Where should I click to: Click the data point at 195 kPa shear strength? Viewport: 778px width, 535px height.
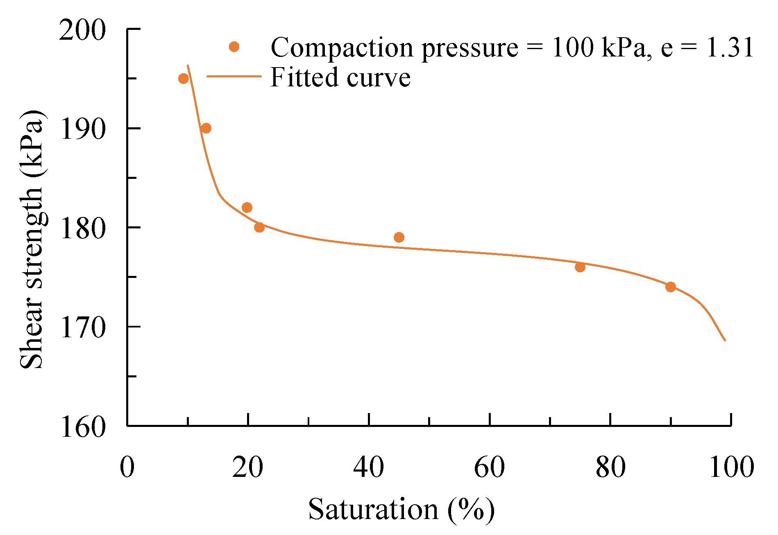click(x=184, y=79)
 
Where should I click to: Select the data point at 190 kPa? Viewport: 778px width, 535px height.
click(x=206, y=129)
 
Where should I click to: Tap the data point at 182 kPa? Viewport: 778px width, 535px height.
click(x=247, y=208)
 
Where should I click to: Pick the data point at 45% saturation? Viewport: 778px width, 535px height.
click(x=399, y=237)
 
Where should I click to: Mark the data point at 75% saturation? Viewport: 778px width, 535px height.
click(x=580, y=267)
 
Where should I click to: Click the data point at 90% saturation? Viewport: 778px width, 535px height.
click(x=671, y=287)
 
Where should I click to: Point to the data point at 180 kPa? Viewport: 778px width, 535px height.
click(x=259, y=227)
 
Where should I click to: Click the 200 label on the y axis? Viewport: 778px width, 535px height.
click(x=82, y=30)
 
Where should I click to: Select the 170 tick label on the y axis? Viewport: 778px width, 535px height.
click(x=82, y=328)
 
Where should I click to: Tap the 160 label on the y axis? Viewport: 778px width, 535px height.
click(x=82, y=427)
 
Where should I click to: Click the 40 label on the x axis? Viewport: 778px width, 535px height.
click(x=368, y=467)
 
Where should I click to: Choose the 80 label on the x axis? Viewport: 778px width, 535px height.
click(x=610, y=467)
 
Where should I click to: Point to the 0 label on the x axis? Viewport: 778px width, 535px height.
click(x=127, y=467)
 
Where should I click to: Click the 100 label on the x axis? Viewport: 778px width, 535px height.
click(x=731, y=467)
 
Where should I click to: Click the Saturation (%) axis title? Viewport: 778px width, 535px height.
click(x=401, y=510)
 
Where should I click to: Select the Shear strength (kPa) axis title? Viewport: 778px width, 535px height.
click(x=32, y=239)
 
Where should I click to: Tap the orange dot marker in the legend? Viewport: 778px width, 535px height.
click(x=234, y=47)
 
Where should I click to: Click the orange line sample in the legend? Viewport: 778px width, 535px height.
click(x=234, y=77)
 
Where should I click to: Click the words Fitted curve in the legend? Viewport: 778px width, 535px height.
click(x=340, y=77)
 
